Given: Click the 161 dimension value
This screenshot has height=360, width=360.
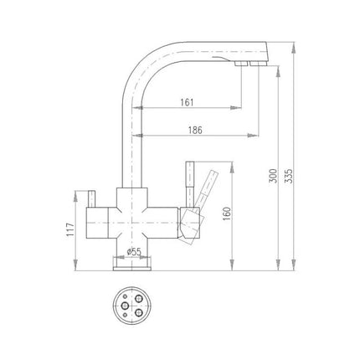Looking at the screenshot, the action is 187,102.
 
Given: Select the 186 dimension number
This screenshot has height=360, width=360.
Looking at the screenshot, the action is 195,130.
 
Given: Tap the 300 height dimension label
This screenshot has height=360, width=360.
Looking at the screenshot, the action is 273,176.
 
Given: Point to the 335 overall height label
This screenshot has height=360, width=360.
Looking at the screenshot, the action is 290,176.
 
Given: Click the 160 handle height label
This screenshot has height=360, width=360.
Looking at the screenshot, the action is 227,213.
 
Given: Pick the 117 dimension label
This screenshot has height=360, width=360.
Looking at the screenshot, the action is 70,229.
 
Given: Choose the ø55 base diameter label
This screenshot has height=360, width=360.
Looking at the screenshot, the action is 134,252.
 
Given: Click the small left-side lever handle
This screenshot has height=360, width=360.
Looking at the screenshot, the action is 91,199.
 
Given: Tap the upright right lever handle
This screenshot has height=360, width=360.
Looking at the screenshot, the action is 190,184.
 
